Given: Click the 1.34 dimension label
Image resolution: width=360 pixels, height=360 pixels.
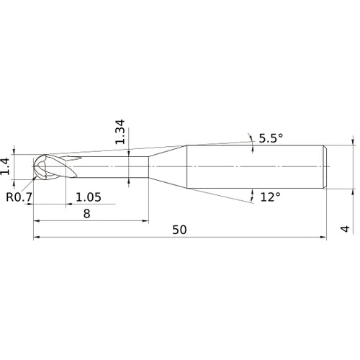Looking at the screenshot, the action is coord(120,132).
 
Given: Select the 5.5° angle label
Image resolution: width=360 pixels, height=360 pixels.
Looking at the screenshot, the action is coord(271,138).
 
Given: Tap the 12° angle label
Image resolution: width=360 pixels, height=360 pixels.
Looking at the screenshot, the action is coord(270,197).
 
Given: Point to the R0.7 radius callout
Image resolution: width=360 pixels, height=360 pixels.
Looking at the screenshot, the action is coord(19,197).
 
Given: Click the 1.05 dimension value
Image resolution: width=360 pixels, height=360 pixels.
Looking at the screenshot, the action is coord(89,197).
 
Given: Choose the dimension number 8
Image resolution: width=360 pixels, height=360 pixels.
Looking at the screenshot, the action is coord(87,214).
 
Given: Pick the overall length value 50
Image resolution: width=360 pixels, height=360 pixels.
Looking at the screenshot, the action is coord(179,230).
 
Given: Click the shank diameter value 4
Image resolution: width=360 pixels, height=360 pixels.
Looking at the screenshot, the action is coord(346,229).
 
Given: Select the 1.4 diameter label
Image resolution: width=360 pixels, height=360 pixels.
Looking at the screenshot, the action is coord(5,166).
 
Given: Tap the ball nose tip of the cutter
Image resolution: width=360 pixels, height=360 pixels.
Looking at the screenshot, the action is coord(34,166).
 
